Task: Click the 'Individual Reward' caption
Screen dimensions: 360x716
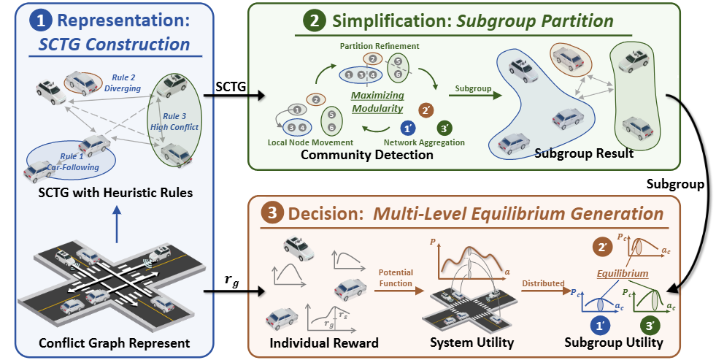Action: (312, 342)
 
